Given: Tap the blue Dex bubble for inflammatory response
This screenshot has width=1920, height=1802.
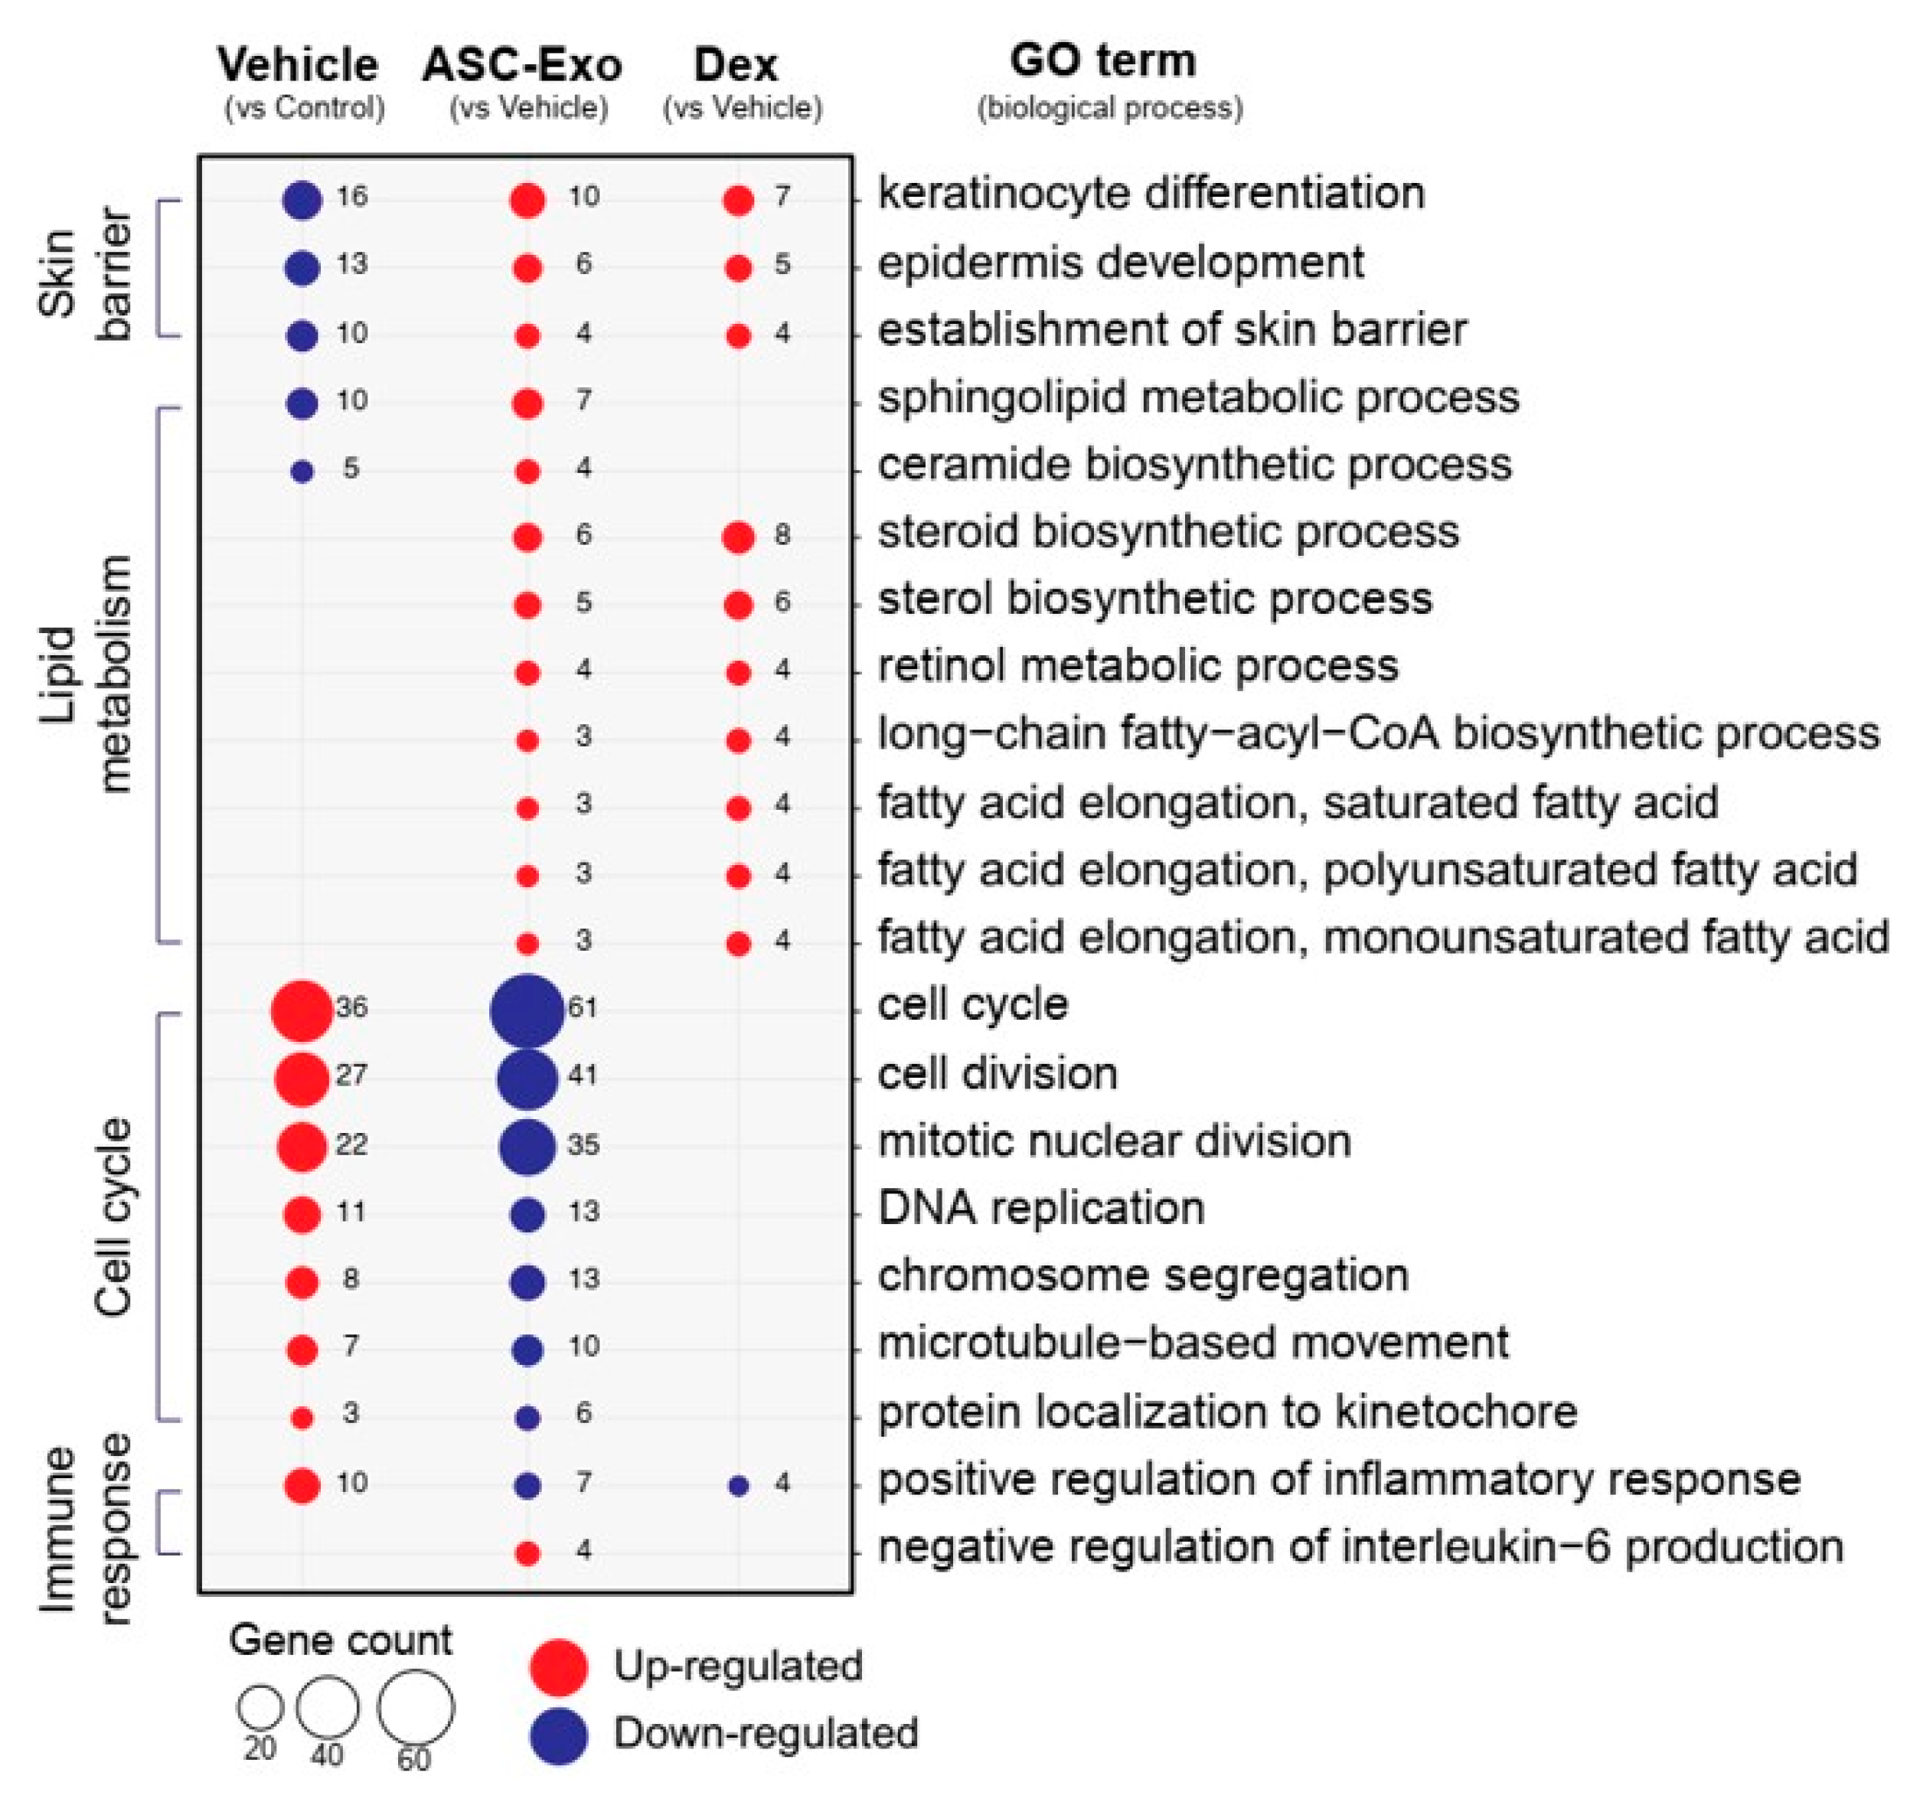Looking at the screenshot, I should tap(738, 1485).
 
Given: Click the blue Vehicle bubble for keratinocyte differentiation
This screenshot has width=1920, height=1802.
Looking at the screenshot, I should tap(302, 200).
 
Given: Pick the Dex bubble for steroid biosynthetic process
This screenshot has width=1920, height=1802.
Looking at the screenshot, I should tap(738, 537).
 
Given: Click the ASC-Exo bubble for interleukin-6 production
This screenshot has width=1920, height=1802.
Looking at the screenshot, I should tap(527, 1553).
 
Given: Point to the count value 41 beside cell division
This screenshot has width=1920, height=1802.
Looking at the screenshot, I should tap(583, 1075).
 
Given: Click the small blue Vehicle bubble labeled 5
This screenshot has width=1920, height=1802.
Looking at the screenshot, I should tap(302, 472).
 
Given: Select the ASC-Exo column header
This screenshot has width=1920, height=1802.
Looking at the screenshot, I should tap(523, 66).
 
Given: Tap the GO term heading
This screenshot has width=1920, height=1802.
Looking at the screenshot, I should tap(1103, 60).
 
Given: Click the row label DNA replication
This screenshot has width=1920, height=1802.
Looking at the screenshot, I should tap(1041, 1208).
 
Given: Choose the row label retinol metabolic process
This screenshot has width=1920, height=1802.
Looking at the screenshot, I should tap(1138, 666).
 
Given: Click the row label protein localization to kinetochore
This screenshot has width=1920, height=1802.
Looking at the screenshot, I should tap(1226, 1412).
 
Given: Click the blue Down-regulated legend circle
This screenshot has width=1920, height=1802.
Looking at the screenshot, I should tap(558, 1735).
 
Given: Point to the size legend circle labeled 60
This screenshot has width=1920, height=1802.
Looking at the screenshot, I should tap(415, 1707).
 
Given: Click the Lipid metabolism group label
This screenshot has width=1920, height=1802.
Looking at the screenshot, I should tap(87, 674).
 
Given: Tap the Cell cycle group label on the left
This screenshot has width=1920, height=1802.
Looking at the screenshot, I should tap(114, 1217).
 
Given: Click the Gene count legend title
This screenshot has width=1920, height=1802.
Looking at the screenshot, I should tap(340, 1640).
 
